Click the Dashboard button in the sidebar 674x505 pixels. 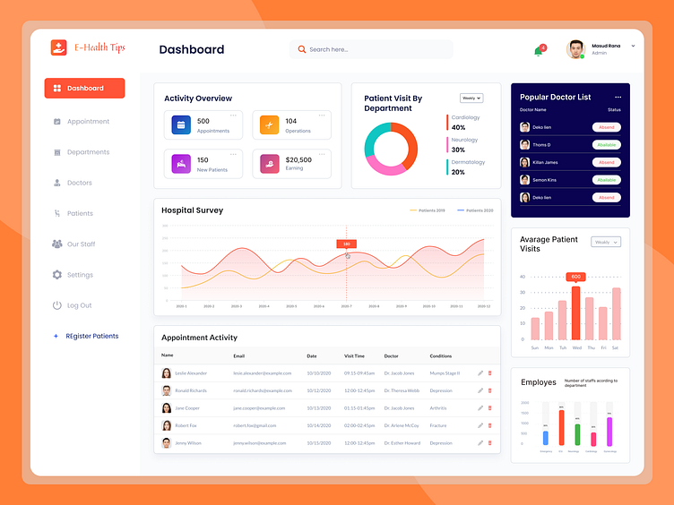pos(84,89)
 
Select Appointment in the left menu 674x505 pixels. pos(87,122)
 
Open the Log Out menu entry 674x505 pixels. pos(79,305)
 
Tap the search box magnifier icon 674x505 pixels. pos(302,49)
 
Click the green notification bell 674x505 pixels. pos(538,51)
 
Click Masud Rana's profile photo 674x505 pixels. pos(575,49)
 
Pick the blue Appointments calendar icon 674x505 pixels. pos(180,125)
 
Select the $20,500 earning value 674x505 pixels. pos(298,159)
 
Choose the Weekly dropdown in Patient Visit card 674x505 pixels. pos(471,98)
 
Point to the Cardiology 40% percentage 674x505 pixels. pos(458,127)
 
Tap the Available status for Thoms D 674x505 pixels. pos(607,144)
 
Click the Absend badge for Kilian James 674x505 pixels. pos(607,162)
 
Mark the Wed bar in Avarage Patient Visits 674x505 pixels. pos(575,313)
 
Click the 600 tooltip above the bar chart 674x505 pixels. pos(575,277)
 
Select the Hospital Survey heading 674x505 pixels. pos(192,210)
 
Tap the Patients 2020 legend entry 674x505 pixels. pos(476,210)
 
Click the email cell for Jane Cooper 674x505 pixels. pos(263,407)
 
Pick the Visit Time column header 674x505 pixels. pos(354,356)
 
